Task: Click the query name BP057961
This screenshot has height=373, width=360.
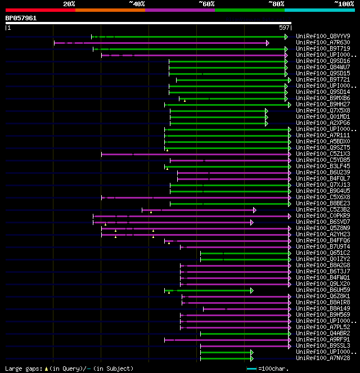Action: click(x=21, y=18)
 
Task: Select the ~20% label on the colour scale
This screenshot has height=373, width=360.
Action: click(x=69, y=3)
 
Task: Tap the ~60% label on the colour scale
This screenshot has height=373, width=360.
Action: click(x=206, y=3)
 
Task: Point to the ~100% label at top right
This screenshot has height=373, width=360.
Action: click(x=344, y=3)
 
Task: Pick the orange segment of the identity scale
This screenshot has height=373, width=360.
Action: click(x=110, y=10)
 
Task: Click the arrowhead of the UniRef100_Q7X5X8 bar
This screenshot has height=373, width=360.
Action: click(x=267, y=111)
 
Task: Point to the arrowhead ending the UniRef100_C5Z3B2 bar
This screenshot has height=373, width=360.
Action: click(x=255, y=210)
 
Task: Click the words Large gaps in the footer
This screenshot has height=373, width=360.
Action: click(x=22, y=368)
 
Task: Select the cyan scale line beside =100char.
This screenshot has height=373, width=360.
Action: click(x=251, y=368)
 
